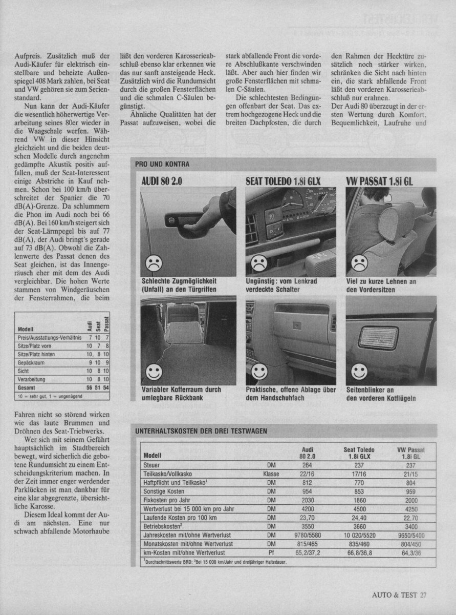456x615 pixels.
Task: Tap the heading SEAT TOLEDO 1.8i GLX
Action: coord(283,181)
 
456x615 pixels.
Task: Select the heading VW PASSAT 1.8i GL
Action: coord(379,181)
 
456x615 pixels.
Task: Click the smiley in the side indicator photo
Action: coord(359,371)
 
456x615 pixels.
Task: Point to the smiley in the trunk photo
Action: coord(153,371)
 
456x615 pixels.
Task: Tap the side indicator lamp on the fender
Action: coord(378,338)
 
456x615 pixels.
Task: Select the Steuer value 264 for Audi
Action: coord(307,465)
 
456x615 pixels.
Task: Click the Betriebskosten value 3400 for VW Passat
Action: coord(410,526)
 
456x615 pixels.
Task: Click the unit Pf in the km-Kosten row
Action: coord(271,552)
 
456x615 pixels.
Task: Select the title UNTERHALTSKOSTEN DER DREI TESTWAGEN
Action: coord(201,430)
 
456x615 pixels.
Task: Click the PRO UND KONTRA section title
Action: coord(162,164)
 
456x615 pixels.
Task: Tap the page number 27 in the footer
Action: coord(423,595)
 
